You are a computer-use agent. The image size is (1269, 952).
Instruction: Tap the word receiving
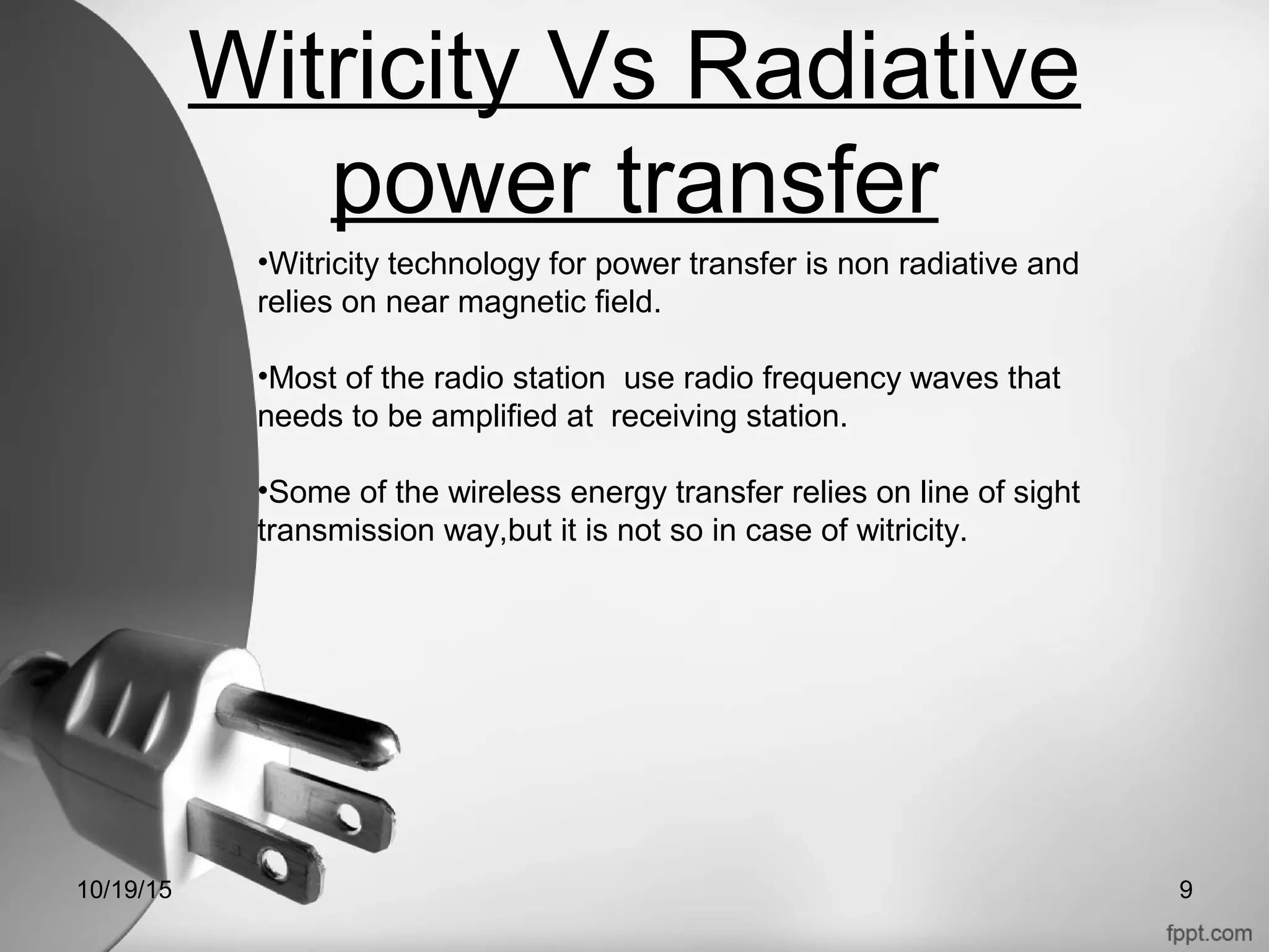(x=674, y=416)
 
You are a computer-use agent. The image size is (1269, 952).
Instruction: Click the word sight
(x=1047, y=493)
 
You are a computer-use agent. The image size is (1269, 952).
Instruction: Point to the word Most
(x=304, y=378)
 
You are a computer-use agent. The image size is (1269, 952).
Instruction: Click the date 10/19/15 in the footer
(x=125, y=890)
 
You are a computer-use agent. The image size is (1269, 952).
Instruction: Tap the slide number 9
(x=1185, y=890)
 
